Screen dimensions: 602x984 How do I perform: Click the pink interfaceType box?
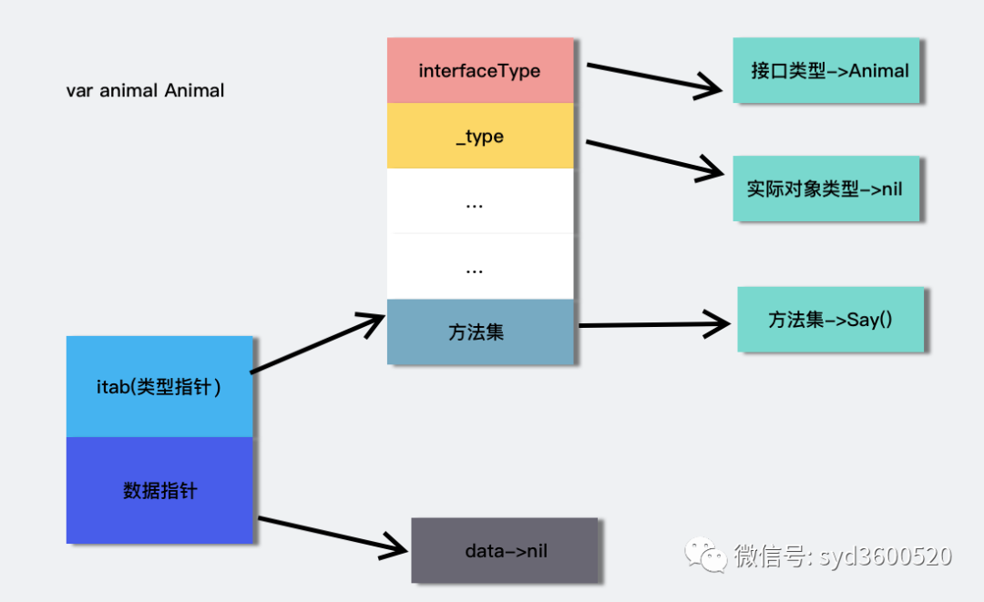pos(480,70)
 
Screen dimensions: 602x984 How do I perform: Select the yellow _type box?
pos(480,136)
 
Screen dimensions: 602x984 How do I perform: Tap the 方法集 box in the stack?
pos(480,332)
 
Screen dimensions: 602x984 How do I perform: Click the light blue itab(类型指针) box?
pos(159,386)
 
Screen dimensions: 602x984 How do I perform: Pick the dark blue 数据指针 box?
pos(159,490)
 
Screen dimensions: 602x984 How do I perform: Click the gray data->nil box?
pos(505,550)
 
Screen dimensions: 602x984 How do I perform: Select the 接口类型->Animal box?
pos(828,70)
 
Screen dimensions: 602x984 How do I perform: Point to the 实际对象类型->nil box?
pos(825,189)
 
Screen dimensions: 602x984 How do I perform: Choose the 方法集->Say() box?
pos(830,320)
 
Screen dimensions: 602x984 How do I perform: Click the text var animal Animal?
pos(145,90)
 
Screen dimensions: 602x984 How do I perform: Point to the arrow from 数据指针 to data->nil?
pos(333,536)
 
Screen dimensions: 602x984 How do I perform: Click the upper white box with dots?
pos(480,201)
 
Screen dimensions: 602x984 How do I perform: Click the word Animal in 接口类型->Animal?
pos(879,70)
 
